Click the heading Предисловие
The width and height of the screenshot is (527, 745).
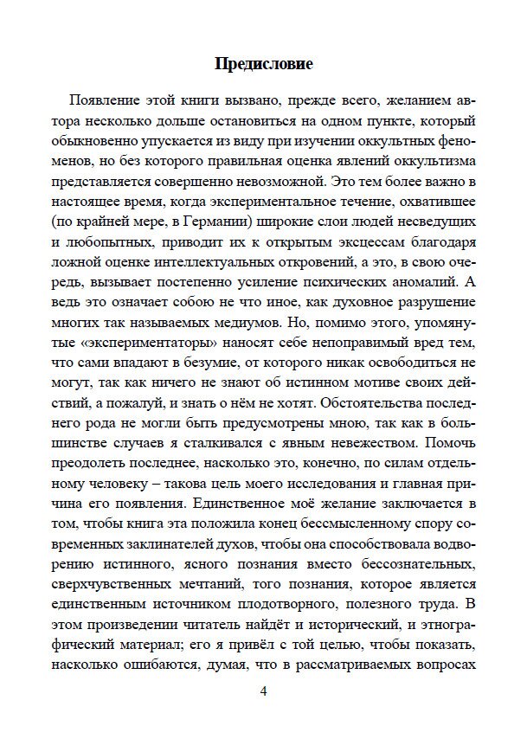click(x=263, y=65)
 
